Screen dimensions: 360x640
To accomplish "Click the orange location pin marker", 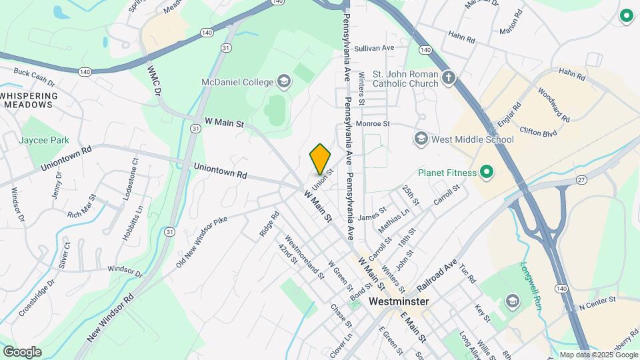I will click(x=320, y=159).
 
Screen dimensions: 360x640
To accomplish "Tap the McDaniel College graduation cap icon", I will click(x=284, y=82).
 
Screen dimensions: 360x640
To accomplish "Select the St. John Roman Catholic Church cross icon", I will click(x=449, y=78).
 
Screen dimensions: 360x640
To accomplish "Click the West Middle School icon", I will click(x=421, y=139).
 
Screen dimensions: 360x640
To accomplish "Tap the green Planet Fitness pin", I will click(x=486, y=173).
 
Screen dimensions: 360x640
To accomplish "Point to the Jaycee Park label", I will click(x=45, y=141).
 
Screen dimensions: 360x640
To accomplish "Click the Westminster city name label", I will click(x=399, y=301).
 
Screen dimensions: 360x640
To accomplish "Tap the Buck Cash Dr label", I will click(x=33, y=77).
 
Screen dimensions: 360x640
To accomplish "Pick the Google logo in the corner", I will click(x=22, y=352).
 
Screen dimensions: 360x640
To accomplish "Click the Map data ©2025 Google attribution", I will click(x=597, y=355).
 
